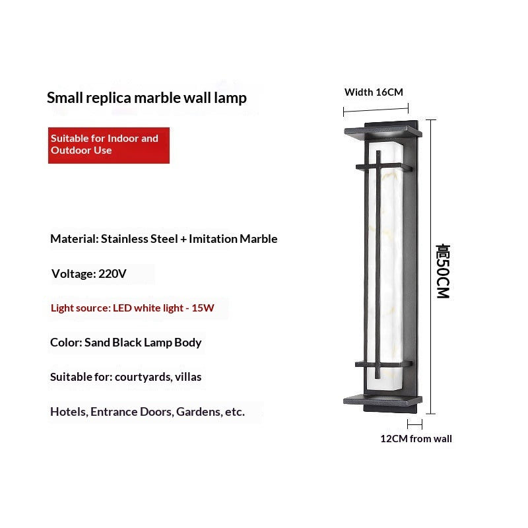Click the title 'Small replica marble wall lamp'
tap(147, 98)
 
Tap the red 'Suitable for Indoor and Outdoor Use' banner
tap(109, 145)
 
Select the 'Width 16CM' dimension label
tap(374, 92)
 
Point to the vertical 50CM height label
tap(443, 271)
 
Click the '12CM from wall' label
tap(416, 439)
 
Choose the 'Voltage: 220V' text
tap(89, 273)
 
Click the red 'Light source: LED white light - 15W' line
tap(133, 308)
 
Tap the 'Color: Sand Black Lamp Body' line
tap(126, 343)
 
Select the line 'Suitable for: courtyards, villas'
tap(126, 377)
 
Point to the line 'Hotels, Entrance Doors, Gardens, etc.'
tap(147, 412)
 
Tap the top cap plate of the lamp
tap(383, 131)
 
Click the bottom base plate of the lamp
tap(383, 400)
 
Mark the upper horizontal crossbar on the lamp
tap(384, 167)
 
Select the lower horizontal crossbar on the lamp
tap(384, 364)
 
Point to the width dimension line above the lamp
tap(376, 110)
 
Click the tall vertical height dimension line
tap(431, 267)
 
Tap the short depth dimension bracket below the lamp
tap(414, 424)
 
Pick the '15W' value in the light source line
tap(203, 308)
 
